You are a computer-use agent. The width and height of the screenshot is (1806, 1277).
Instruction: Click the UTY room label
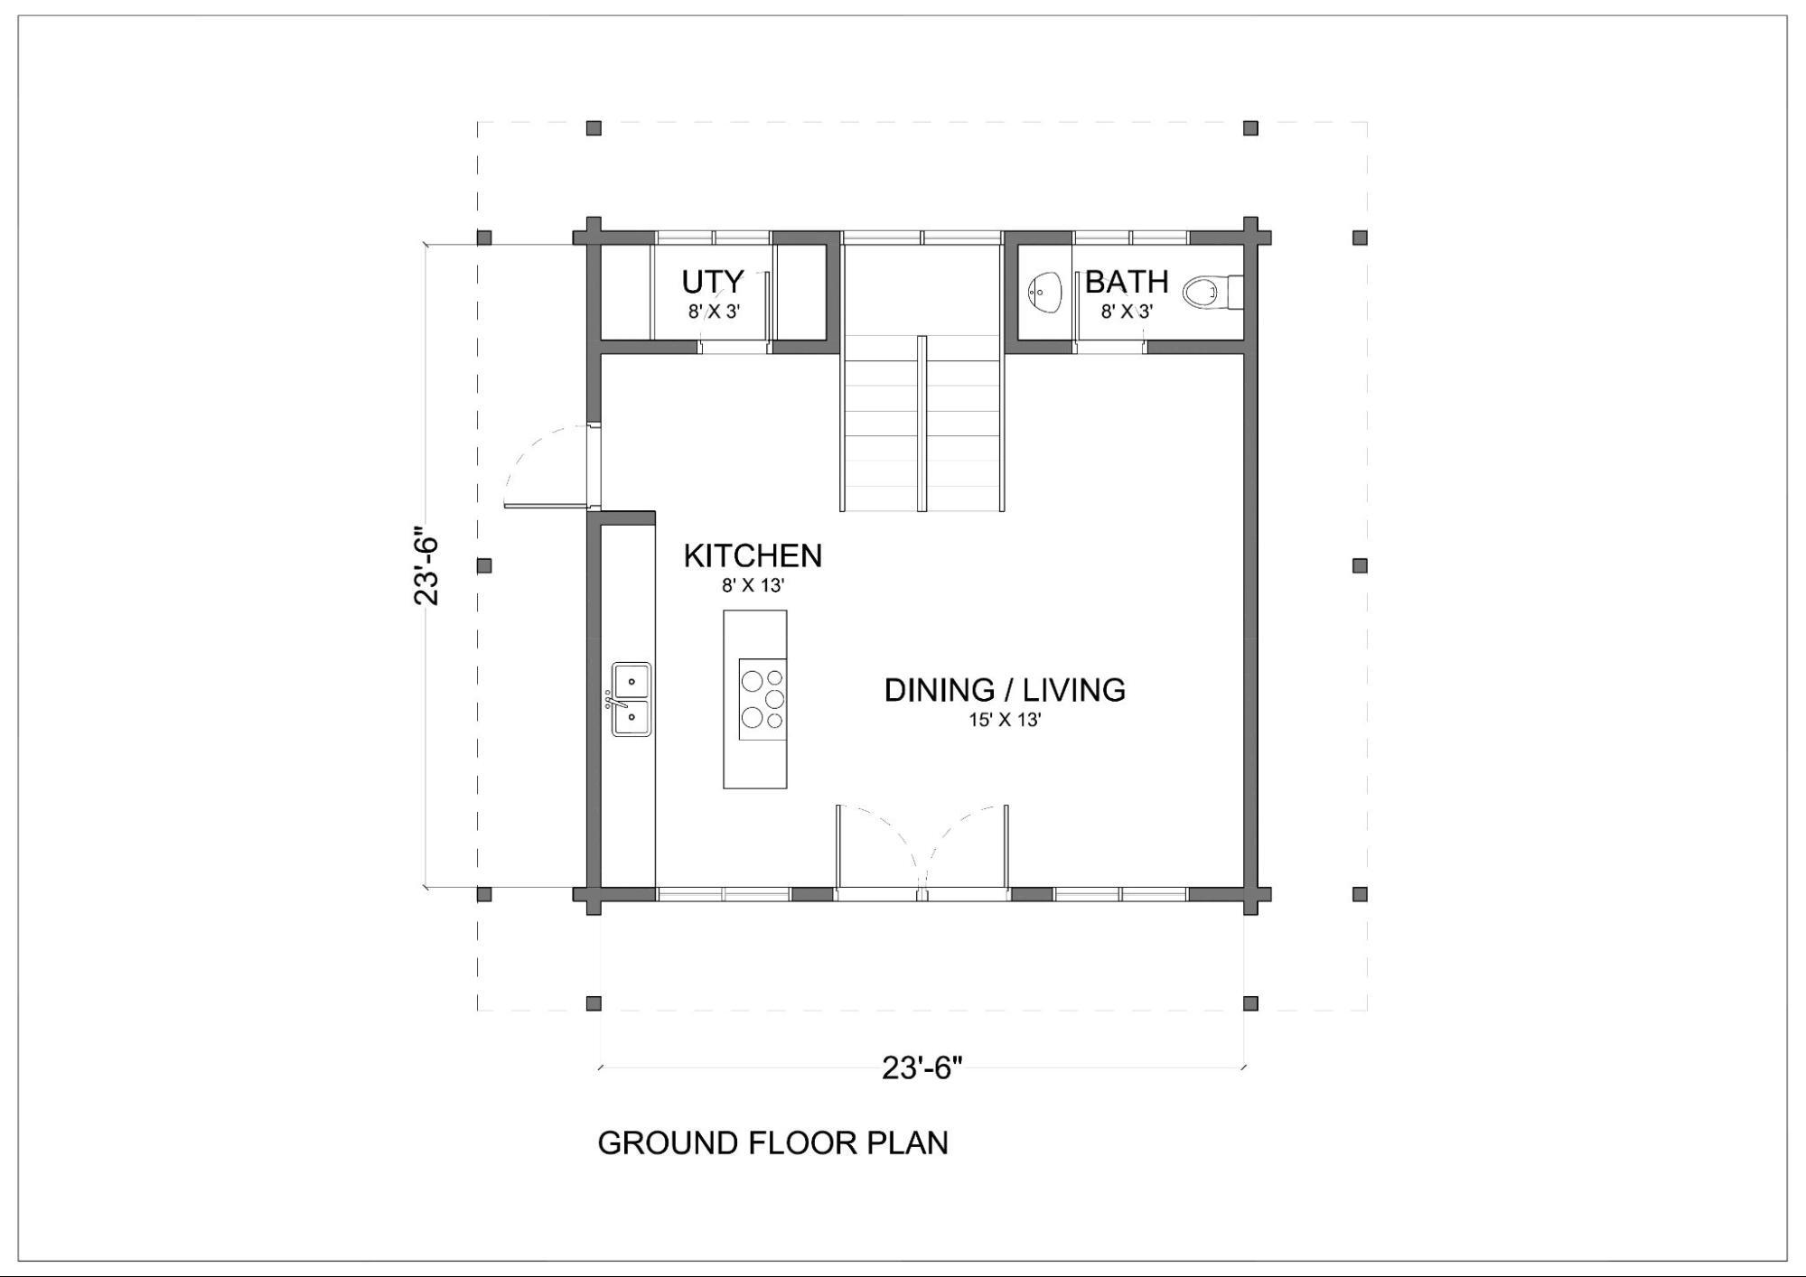coord(713,282)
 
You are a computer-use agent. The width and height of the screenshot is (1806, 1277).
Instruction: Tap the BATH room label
coord(1127,282)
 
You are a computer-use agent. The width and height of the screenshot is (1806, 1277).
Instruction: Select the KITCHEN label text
coord(753,555)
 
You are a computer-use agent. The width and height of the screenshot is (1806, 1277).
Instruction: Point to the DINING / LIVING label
coord(1005,690)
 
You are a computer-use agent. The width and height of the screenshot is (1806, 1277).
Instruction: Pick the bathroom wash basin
coord(1044,292)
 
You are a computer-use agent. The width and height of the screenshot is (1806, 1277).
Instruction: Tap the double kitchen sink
coord(631,699)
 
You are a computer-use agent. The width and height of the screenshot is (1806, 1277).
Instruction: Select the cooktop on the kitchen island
coord(763,699)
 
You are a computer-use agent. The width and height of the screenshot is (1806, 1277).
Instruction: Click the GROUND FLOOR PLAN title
coord(772,1142)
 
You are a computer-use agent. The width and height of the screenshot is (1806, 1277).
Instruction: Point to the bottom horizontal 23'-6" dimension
coord(922,1068)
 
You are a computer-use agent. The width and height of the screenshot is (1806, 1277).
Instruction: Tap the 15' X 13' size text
coord(1005,720)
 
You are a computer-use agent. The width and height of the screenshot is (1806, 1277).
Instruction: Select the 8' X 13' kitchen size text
coord(753,585)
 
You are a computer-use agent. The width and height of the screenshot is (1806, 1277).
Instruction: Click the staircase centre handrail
coord(922,424)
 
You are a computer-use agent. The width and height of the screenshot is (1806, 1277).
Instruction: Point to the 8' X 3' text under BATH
coord(1127,312)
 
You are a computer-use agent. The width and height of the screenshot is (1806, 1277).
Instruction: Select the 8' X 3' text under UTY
coord(714,312)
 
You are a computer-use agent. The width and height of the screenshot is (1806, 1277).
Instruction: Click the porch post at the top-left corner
coord(594,128)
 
